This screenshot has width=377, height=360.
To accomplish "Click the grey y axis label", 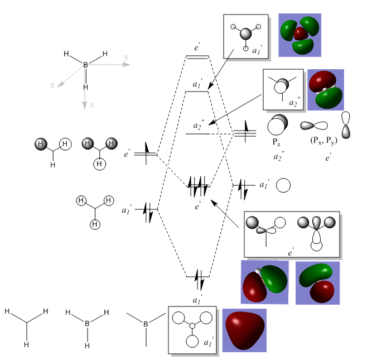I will pyautogui.click(x=127, y=58).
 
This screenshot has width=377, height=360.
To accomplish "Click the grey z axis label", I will pyautogui.click(x=52, y=85).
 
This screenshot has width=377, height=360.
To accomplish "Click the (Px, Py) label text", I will pyautogui.click(x=323, y=140).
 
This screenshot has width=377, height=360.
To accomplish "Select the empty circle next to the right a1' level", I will pyautogui.click(x=284, y=185).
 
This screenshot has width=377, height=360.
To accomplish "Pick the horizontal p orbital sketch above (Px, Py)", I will pyautogui.click(x=315, y=126).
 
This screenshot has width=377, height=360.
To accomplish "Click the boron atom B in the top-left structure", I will pyautogui.click(x=86, y=65).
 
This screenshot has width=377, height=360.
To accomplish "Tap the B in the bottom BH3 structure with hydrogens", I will pyautogui.click(x=87, y=323).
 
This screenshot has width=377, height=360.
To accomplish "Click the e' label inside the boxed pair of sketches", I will pyautogui.click(x=291, y=253).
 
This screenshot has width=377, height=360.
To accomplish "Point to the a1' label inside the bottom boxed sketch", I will pyautogui.click(x=208, y=342).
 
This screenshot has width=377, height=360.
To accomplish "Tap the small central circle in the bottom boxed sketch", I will pyautogui.click(x=192, y=325).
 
